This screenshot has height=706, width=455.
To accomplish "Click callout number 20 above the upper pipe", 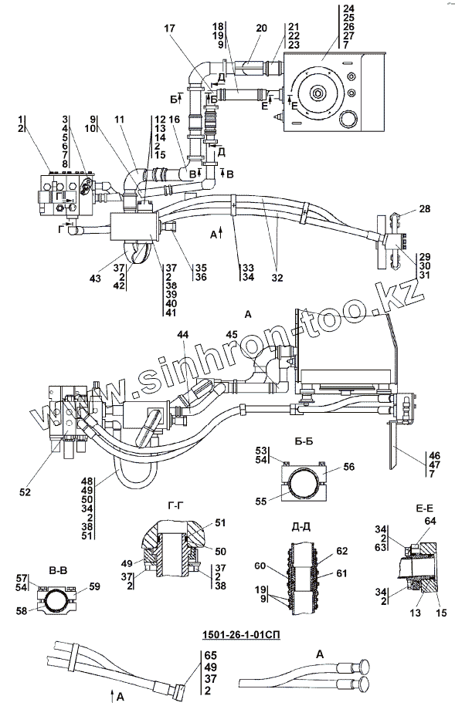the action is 262,29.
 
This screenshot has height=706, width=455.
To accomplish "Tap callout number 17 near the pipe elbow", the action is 169,29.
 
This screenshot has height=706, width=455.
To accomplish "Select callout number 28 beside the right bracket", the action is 424,209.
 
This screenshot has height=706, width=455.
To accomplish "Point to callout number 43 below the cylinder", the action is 95,279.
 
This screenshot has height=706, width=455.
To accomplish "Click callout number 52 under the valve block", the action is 25,492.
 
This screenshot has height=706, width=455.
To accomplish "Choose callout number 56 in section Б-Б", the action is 349,467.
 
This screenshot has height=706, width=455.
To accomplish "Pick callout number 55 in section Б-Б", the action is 261,501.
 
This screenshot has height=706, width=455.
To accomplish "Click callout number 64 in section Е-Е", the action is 430,521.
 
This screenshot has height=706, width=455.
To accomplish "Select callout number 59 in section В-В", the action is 95,586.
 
